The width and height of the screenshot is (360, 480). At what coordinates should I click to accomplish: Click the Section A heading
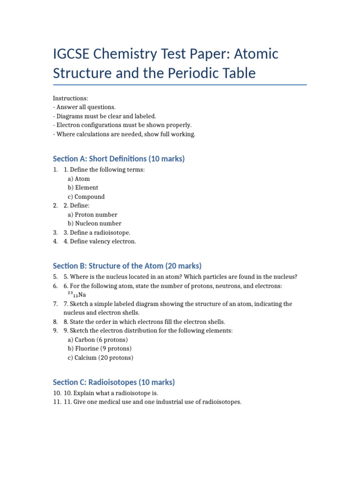(x=119, y=159)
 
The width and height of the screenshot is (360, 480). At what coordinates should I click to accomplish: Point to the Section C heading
(x=113, y=382)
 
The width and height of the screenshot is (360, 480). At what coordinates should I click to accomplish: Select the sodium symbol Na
(x=82, y=295)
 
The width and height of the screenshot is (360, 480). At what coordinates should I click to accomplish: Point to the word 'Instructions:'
(x=70, y=98)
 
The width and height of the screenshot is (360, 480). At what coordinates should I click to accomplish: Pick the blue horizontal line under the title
(x=180, y=85)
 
